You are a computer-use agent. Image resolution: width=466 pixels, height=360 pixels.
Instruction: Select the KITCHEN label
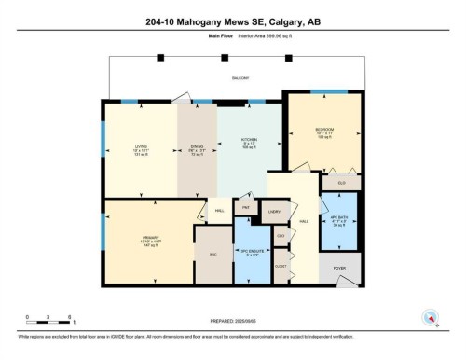(x=248, y=140)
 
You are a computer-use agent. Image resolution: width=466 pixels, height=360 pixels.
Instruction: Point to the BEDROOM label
(x=324, y=129)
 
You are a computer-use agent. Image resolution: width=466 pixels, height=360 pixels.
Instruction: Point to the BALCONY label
(x=240, y=78)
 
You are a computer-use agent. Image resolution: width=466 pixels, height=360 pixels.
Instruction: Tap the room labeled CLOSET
(x=280, y=264)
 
